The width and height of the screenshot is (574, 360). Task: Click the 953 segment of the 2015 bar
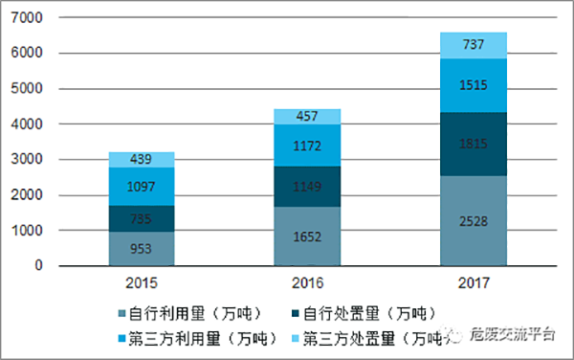(141, 249)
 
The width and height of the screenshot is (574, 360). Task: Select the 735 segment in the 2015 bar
(141, 219)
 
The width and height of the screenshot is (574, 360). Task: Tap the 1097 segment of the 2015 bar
(141, 187)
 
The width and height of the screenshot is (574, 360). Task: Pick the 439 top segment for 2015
(141, 160)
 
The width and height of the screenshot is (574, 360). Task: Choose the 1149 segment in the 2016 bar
(308, 187)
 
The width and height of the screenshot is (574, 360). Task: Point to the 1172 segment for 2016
(308, 146)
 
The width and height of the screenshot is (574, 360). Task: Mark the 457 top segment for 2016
(308, 117)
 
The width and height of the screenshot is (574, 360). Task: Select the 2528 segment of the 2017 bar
(473, 221)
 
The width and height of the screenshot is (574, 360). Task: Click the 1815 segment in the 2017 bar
(473, 145)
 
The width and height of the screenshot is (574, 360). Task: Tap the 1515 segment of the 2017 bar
(473, 86)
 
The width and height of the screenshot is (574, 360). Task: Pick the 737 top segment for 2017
(473, 45)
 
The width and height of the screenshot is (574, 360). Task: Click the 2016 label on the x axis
(308, 282)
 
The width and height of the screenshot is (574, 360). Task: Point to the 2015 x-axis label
(141, 282)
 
